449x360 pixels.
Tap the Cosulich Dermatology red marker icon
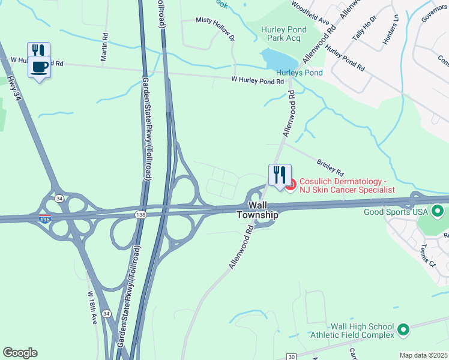pyautogui.click(x=290, y=185)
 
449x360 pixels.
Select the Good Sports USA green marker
pyautogui.click(x=438, y=211)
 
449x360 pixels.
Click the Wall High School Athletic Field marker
pyautogui.click(x=403, y=329)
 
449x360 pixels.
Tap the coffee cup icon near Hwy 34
pyautogui.click(x=40, y=67)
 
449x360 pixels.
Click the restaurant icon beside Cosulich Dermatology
pyautogui.click(x=280, y=175)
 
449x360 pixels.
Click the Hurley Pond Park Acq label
pyautogui.click(x=284, y=34)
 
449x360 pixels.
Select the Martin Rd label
pyautogui.click(x=104, y=47)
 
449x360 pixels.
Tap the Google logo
pyautogui.click(x=20, y=353)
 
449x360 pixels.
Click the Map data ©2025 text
pyautogui.click(x=424, y=355)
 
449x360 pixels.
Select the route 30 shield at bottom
pyautogui.click(x=291, y=357)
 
